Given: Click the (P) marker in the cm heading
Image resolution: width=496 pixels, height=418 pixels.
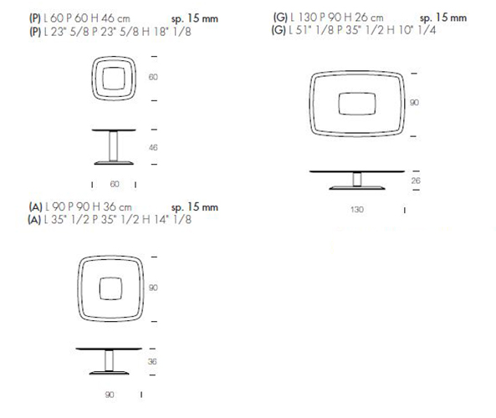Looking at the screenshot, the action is coord(35,18).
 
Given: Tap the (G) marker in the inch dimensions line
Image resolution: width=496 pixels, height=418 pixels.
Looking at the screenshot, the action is coord(279,30).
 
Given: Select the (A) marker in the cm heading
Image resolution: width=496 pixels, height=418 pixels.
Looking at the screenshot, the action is coord(35,207).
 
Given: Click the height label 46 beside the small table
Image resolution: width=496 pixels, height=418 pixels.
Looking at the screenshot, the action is coord(153,147).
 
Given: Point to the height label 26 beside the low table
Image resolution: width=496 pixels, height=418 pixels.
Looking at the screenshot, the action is coord(416,181).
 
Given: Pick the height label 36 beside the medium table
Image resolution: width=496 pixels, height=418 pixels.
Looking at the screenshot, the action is coord(152,361).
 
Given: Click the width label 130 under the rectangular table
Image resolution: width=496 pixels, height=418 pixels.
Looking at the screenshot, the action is coord(357,209).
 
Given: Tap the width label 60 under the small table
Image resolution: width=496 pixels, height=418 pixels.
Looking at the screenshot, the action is coord(115,184).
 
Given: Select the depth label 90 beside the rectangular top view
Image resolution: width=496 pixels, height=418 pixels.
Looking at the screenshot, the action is coord(414,103).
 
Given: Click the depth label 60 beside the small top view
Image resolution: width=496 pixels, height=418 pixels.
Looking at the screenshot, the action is coord(153,77).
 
